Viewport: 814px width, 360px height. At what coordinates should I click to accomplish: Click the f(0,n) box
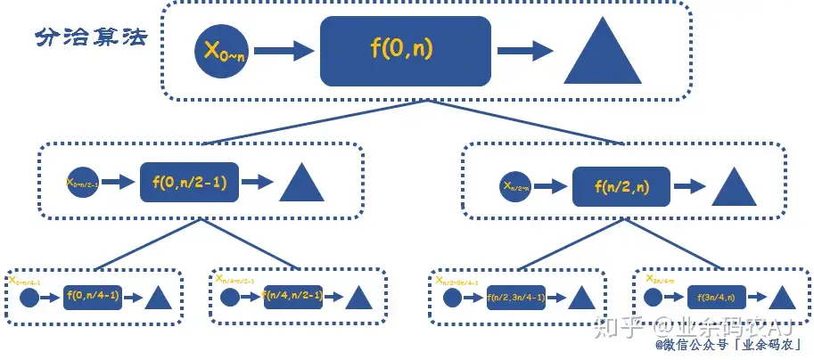click(406, 51)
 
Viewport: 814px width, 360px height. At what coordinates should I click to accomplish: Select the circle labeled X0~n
click(224, 51)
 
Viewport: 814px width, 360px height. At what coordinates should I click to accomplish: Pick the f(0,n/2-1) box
click(189, 182)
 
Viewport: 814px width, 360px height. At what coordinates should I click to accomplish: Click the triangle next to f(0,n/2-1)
click(301, 184)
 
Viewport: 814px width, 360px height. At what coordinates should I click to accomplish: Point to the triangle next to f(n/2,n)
click(734, 187)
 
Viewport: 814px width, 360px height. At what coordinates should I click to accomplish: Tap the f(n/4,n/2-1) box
click(292, 296)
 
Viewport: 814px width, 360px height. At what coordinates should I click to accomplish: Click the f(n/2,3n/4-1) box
click(516, 298)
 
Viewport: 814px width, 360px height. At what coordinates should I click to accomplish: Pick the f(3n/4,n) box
click(715, 298)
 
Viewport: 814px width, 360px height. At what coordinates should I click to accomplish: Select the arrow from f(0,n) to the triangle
click(527, 51)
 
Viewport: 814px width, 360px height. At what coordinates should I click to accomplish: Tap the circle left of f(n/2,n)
click(515, 188)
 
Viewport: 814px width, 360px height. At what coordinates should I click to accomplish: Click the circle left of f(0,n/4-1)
click(29, 297)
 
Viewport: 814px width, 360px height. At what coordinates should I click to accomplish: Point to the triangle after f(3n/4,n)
click(781, 297)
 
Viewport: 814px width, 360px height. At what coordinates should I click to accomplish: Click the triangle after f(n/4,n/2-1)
click(357, 297)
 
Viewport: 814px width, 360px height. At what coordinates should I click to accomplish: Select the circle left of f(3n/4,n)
click(654, 297)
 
